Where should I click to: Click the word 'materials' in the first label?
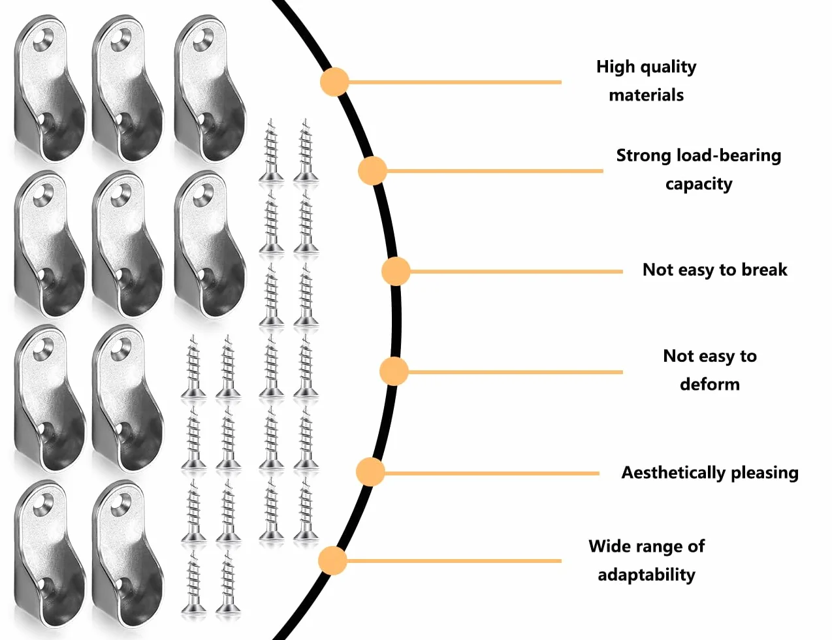(x=647, y=95)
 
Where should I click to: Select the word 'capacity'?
(x=699, y=185)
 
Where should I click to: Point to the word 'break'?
(x=764, y=270)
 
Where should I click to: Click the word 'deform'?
(x=710, y=384)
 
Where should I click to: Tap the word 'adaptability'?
(x=647, y=575)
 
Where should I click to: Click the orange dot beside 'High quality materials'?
(x=334, y=82)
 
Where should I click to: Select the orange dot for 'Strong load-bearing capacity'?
(x=372, y=170)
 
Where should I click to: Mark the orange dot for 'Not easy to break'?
(x=396, y=271)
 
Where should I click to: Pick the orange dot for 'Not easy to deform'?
(x=394, y=372)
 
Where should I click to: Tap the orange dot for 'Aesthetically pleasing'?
(x=370, y=472)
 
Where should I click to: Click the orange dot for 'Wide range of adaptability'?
(x=332, y=561)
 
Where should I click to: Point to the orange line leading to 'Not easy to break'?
(x=516, y=272)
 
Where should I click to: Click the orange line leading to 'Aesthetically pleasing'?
(x=492, y=473)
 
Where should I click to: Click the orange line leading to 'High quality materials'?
(x=455, y=82)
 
